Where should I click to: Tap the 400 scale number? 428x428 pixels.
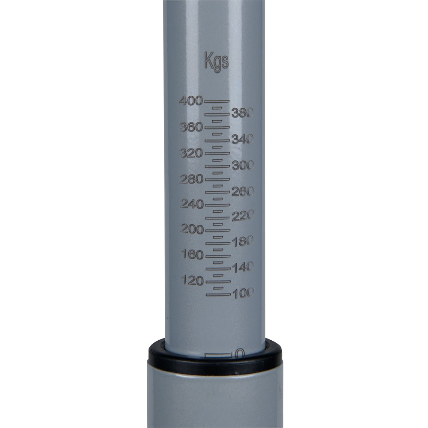[191, 101]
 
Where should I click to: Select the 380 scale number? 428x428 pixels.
[243, 113]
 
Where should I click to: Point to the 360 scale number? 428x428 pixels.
[191, 127]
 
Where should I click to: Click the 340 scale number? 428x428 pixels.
[243, 139]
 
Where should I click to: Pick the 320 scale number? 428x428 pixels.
[191, 153]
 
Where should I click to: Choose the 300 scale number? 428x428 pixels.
[243, 165]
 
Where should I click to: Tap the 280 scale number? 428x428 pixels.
[191, 179]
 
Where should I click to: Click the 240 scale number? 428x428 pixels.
[191, 204]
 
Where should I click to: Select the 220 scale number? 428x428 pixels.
[243, 216]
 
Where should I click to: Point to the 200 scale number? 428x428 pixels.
[191, 229]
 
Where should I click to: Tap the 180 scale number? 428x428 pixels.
[243, 242]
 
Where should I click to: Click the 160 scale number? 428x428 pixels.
[191, 255]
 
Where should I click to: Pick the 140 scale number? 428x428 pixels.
[243, 267]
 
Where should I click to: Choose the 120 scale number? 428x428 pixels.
[191, 280]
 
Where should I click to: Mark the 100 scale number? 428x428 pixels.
[243, 293]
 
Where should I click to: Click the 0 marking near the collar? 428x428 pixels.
[240, 353]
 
